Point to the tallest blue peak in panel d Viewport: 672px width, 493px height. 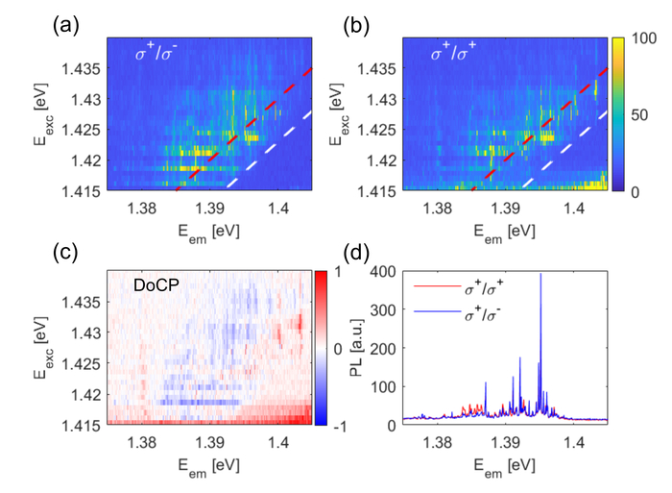(540, 275)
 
